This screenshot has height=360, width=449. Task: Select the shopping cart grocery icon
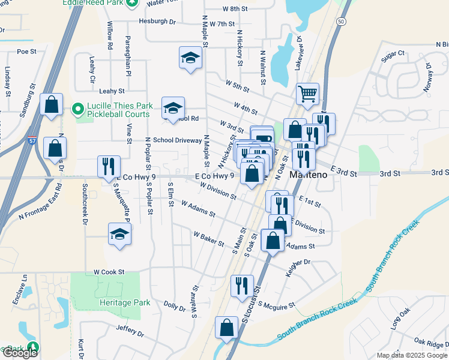click(307, 93)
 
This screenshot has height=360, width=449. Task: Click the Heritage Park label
click(125, 302)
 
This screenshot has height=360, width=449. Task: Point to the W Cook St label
click(109, 272)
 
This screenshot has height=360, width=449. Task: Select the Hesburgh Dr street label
click(157, 21)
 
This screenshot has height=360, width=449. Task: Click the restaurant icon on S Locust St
click(242, 285)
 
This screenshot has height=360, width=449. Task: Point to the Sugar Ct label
click(394, 55)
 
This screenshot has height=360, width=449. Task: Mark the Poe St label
click(27, 52)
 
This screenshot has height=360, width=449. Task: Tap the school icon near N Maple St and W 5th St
click(190, 58)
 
